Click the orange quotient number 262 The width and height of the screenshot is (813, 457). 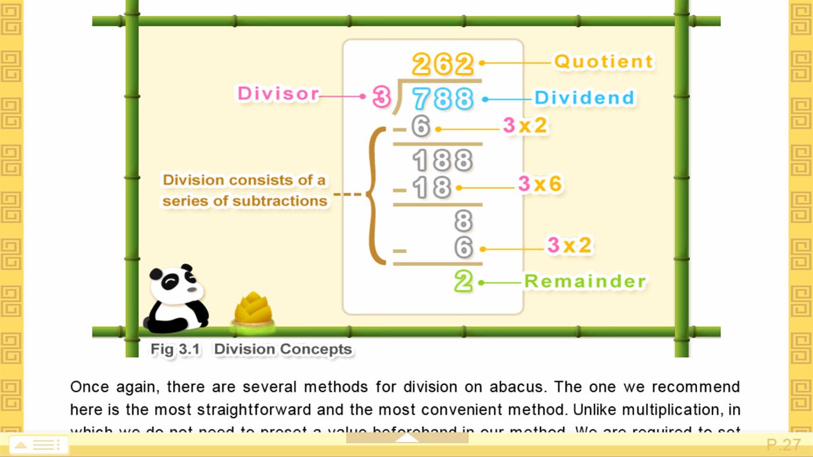click(x=443, y=64)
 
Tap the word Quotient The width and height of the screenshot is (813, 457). click(x=604, y=62)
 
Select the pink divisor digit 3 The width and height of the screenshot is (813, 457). click(x=381, y=97)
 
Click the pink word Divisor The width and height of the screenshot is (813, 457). click(x=278, y=93)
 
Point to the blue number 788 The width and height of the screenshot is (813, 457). click(x=443, y=99)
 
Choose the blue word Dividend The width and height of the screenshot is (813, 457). click(x=584, y=98)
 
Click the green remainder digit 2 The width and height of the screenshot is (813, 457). click(x=463, y=282)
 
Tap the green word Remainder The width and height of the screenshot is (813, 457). click(x=585, y=282)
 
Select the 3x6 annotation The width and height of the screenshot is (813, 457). click(x=540, y=184)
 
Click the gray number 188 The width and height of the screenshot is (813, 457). click(x=442, y=161)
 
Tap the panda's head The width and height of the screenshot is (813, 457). click(x=176, y=284)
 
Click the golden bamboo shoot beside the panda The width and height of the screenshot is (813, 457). click(x=253, y=309)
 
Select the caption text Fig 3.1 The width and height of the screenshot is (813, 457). click(x=175, y=350)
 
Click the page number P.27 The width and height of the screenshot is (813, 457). click(x=783, y=445)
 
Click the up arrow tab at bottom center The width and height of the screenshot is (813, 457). click(x=407, y=438)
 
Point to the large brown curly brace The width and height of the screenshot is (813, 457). click(x=376, y=195)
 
